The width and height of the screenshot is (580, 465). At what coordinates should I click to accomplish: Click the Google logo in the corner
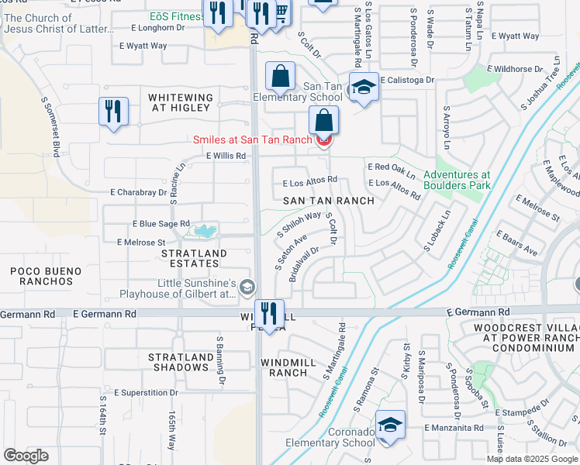26,455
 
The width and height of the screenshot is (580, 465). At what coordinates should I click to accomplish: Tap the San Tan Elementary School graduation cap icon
363,88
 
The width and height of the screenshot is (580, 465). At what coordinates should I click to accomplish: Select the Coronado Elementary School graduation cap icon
391,425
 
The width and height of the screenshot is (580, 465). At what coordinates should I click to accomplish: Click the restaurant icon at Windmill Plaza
269,314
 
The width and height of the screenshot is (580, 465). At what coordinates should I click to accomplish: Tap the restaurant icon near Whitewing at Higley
113,111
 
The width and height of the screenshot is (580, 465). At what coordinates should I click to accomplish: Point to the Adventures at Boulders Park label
457,181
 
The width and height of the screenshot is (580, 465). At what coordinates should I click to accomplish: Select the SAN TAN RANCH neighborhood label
328,201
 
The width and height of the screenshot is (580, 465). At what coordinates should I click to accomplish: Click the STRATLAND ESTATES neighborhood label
194,258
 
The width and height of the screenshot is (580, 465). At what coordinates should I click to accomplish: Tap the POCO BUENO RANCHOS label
41,275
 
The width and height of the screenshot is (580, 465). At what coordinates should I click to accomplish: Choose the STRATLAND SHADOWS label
181,362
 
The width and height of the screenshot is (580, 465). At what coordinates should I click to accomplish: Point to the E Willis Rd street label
226,156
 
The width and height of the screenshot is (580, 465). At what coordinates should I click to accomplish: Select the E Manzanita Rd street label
454,428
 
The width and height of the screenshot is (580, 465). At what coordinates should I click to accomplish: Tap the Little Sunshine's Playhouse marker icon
247,288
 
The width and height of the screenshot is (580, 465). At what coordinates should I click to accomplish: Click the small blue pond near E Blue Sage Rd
204,231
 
